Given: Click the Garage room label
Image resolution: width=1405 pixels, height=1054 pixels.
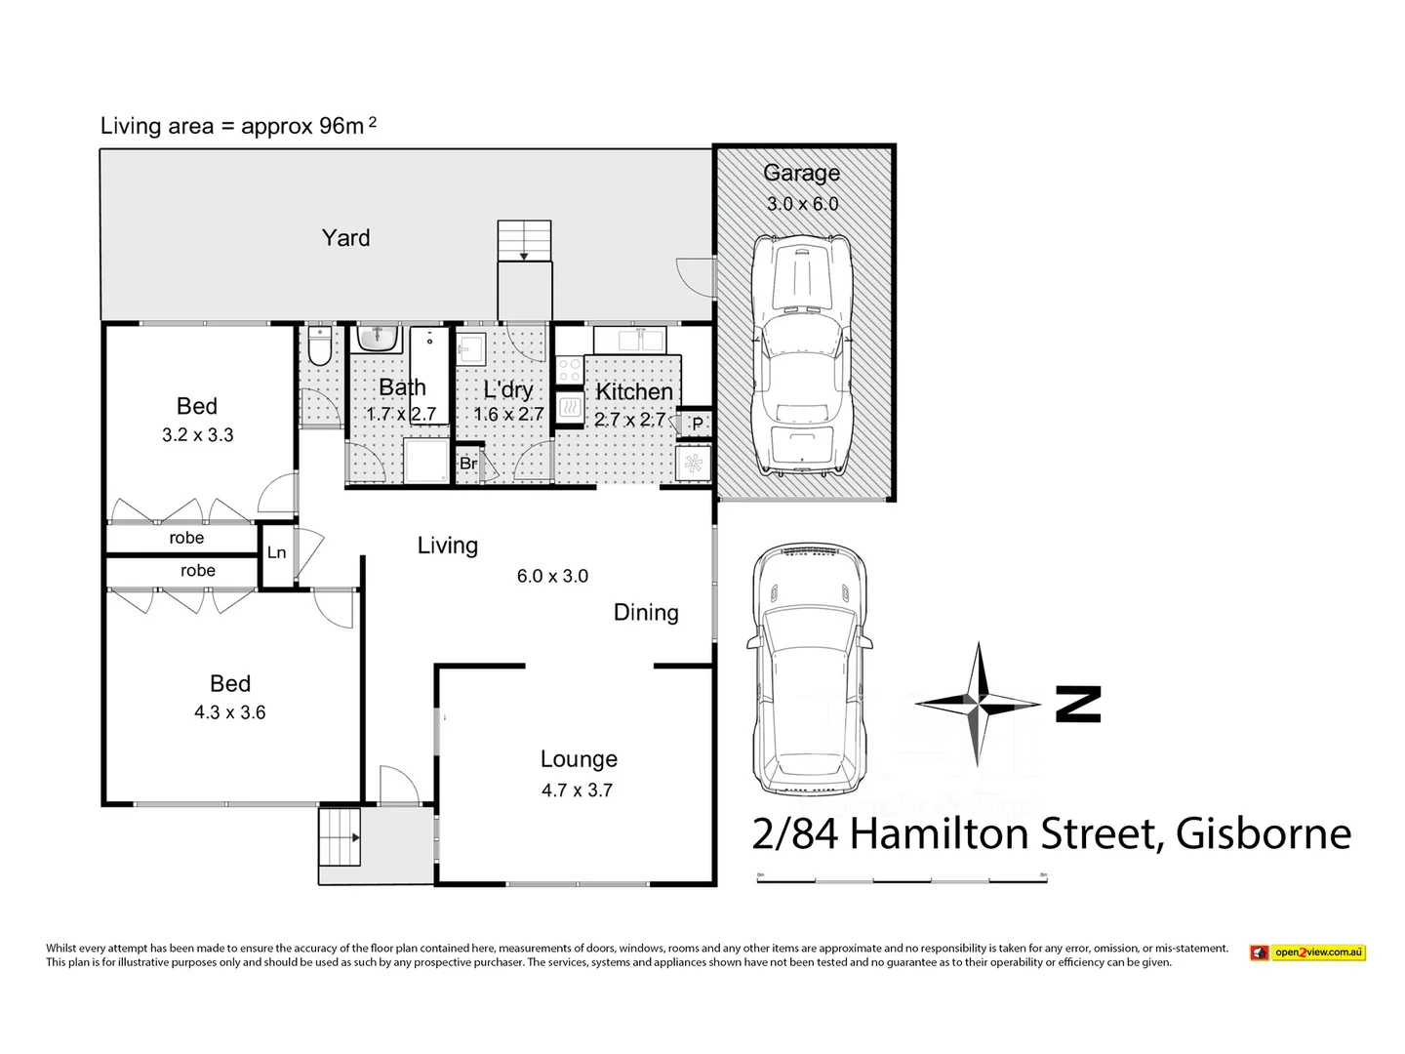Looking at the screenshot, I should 801,173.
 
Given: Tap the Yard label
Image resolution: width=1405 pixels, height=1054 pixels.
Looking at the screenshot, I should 345,237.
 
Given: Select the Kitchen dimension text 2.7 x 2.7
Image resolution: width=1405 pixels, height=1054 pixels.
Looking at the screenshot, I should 629,420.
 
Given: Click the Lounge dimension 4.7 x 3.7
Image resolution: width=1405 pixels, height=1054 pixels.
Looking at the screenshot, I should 578,790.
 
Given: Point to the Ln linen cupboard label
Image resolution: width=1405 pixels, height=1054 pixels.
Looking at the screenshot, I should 276,553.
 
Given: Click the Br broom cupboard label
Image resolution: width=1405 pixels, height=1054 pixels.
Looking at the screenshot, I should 468,464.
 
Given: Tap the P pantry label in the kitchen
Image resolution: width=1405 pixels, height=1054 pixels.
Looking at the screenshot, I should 697,424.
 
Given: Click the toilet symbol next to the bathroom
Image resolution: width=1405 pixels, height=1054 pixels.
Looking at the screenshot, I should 318,345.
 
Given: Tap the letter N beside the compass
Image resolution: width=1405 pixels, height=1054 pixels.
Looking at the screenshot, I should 1078,704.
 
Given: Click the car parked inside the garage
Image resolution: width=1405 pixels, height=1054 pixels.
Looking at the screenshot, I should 800,356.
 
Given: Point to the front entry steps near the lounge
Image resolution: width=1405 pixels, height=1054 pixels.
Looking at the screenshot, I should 340,837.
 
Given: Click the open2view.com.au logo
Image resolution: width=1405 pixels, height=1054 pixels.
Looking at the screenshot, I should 1308,952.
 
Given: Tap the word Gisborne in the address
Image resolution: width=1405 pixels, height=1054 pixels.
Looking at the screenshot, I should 1264,834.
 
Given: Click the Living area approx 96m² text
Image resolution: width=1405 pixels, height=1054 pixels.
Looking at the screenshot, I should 238,126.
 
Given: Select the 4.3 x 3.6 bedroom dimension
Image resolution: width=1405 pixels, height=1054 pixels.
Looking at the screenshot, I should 229,712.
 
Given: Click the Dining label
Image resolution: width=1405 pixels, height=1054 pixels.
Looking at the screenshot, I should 646,612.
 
